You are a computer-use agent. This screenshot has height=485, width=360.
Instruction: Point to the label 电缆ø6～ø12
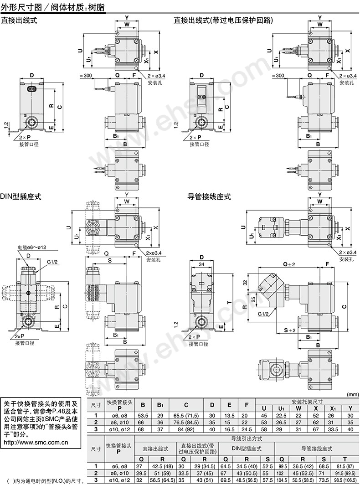[x=32, y=248]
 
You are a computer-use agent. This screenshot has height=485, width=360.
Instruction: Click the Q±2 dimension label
[x=289, y=264]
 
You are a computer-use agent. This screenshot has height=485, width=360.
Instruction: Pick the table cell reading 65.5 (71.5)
[x=186, y=415]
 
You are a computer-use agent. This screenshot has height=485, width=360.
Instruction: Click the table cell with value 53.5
[x=143, y=415]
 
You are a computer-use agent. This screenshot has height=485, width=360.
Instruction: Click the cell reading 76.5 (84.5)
[x=186, y=422]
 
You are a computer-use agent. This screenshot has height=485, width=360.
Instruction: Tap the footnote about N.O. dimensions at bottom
[x=43, y=480]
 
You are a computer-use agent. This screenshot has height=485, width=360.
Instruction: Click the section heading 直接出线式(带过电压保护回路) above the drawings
[x=223, y=20]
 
